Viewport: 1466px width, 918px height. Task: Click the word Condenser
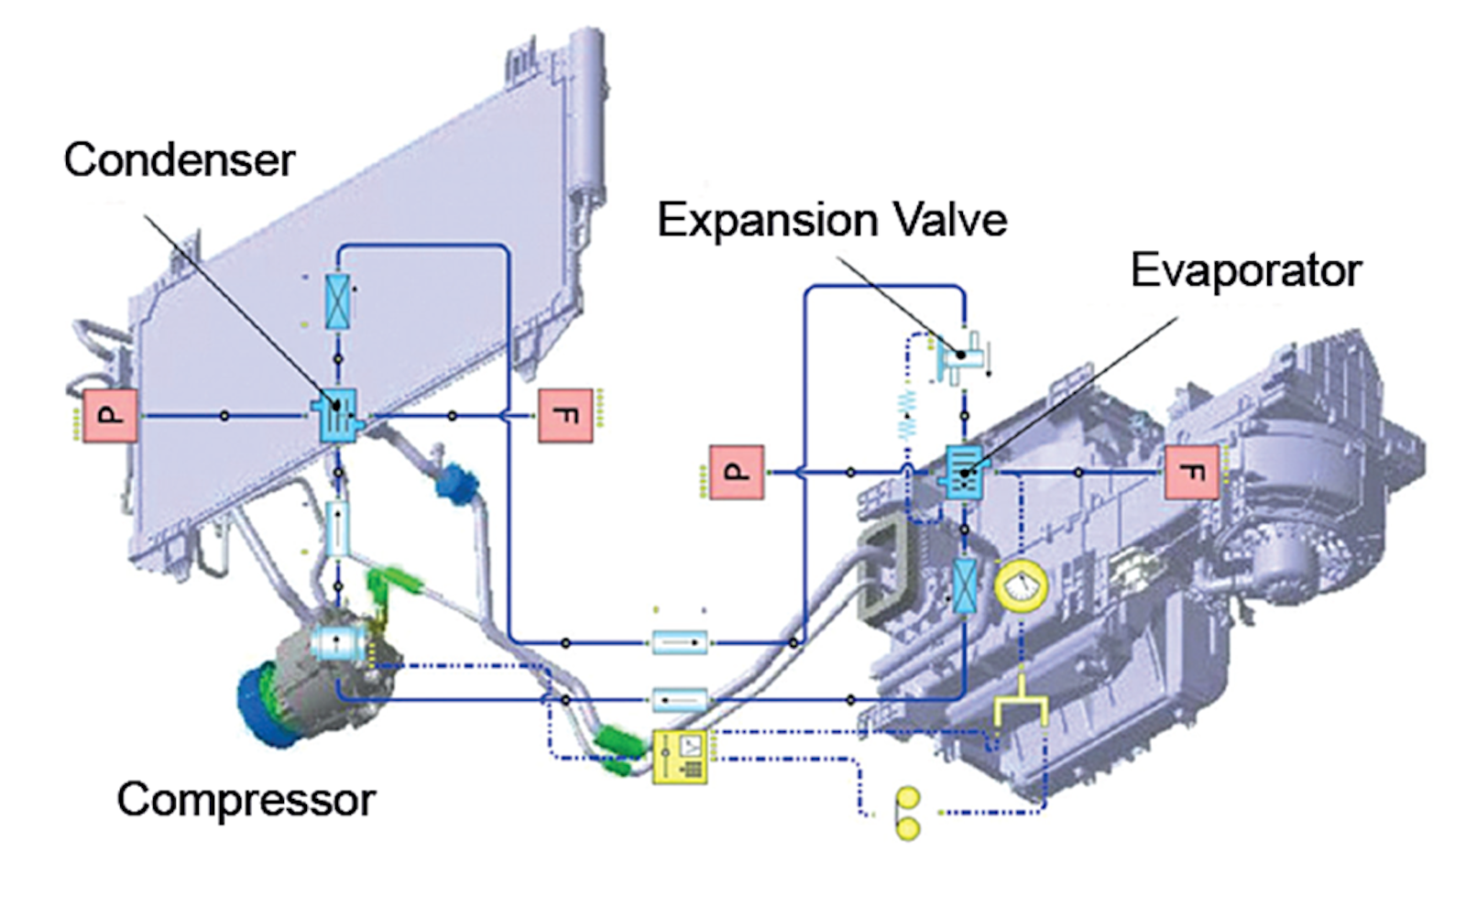180,160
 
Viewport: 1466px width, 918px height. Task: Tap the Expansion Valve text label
832,221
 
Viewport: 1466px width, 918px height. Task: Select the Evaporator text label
1246,271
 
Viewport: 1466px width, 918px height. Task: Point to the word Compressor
246,800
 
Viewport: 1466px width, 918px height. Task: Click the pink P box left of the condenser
110,416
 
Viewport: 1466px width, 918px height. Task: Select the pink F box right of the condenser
565,416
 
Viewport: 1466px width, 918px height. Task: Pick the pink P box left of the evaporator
736,473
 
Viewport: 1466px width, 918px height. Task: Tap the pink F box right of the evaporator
1191,473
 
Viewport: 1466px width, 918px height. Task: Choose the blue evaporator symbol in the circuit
964,472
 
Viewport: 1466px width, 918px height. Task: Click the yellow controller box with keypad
679,757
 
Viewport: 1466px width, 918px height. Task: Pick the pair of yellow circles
908,813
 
